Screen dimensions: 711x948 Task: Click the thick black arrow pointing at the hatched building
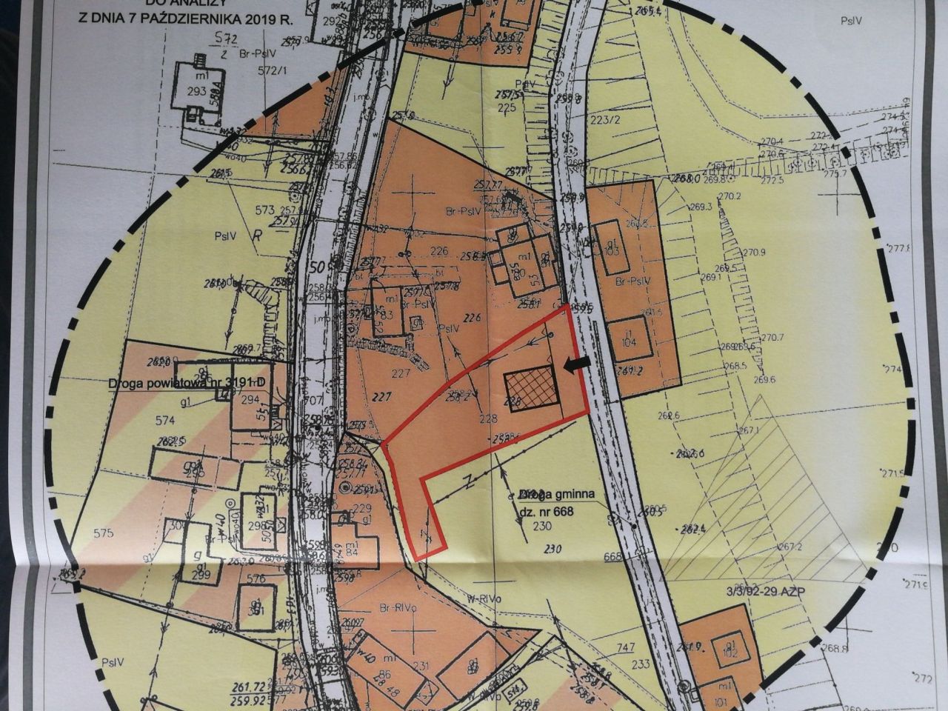tap(568, 364)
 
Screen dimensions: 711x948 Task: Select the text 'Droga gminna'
tap(556, 494)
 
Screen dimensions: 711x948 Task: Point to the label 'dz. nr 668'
tap(548, 510)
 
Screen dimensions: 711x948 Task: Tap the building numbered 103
tap(610, 249)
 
